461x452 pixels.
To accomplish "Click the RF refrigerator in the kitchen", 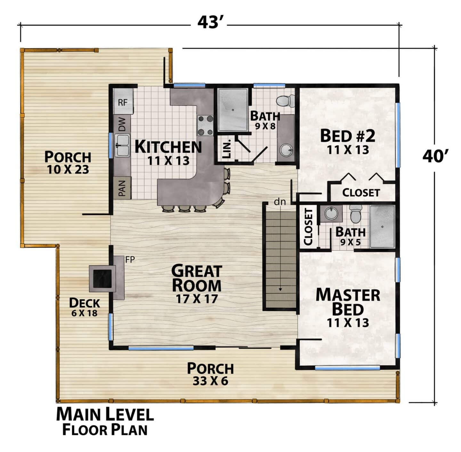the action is [123, 101].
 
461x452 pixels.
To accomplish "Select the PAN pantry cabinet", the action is [122, 188].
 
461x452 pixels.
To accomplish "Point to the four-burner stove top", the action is [205, 125].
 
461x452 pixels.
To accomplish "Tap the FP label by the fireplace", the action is [130, 259].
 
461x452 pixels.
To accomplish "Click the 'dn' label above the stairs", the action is [280, 202].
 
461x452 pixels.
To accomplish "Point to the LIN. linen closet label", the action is [226, 148].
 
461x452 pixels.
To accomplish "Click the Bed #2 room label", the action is [348, 136].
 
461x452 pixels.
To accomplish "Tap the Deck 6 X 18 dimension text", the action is [85, 313].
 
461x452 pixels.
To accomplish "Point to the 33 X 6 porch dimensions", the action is [211, 381].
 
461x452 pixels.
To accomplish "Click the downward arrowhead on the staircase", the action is [280, 289].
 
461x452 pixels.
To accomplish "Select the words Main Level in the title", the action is [105, 414].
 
